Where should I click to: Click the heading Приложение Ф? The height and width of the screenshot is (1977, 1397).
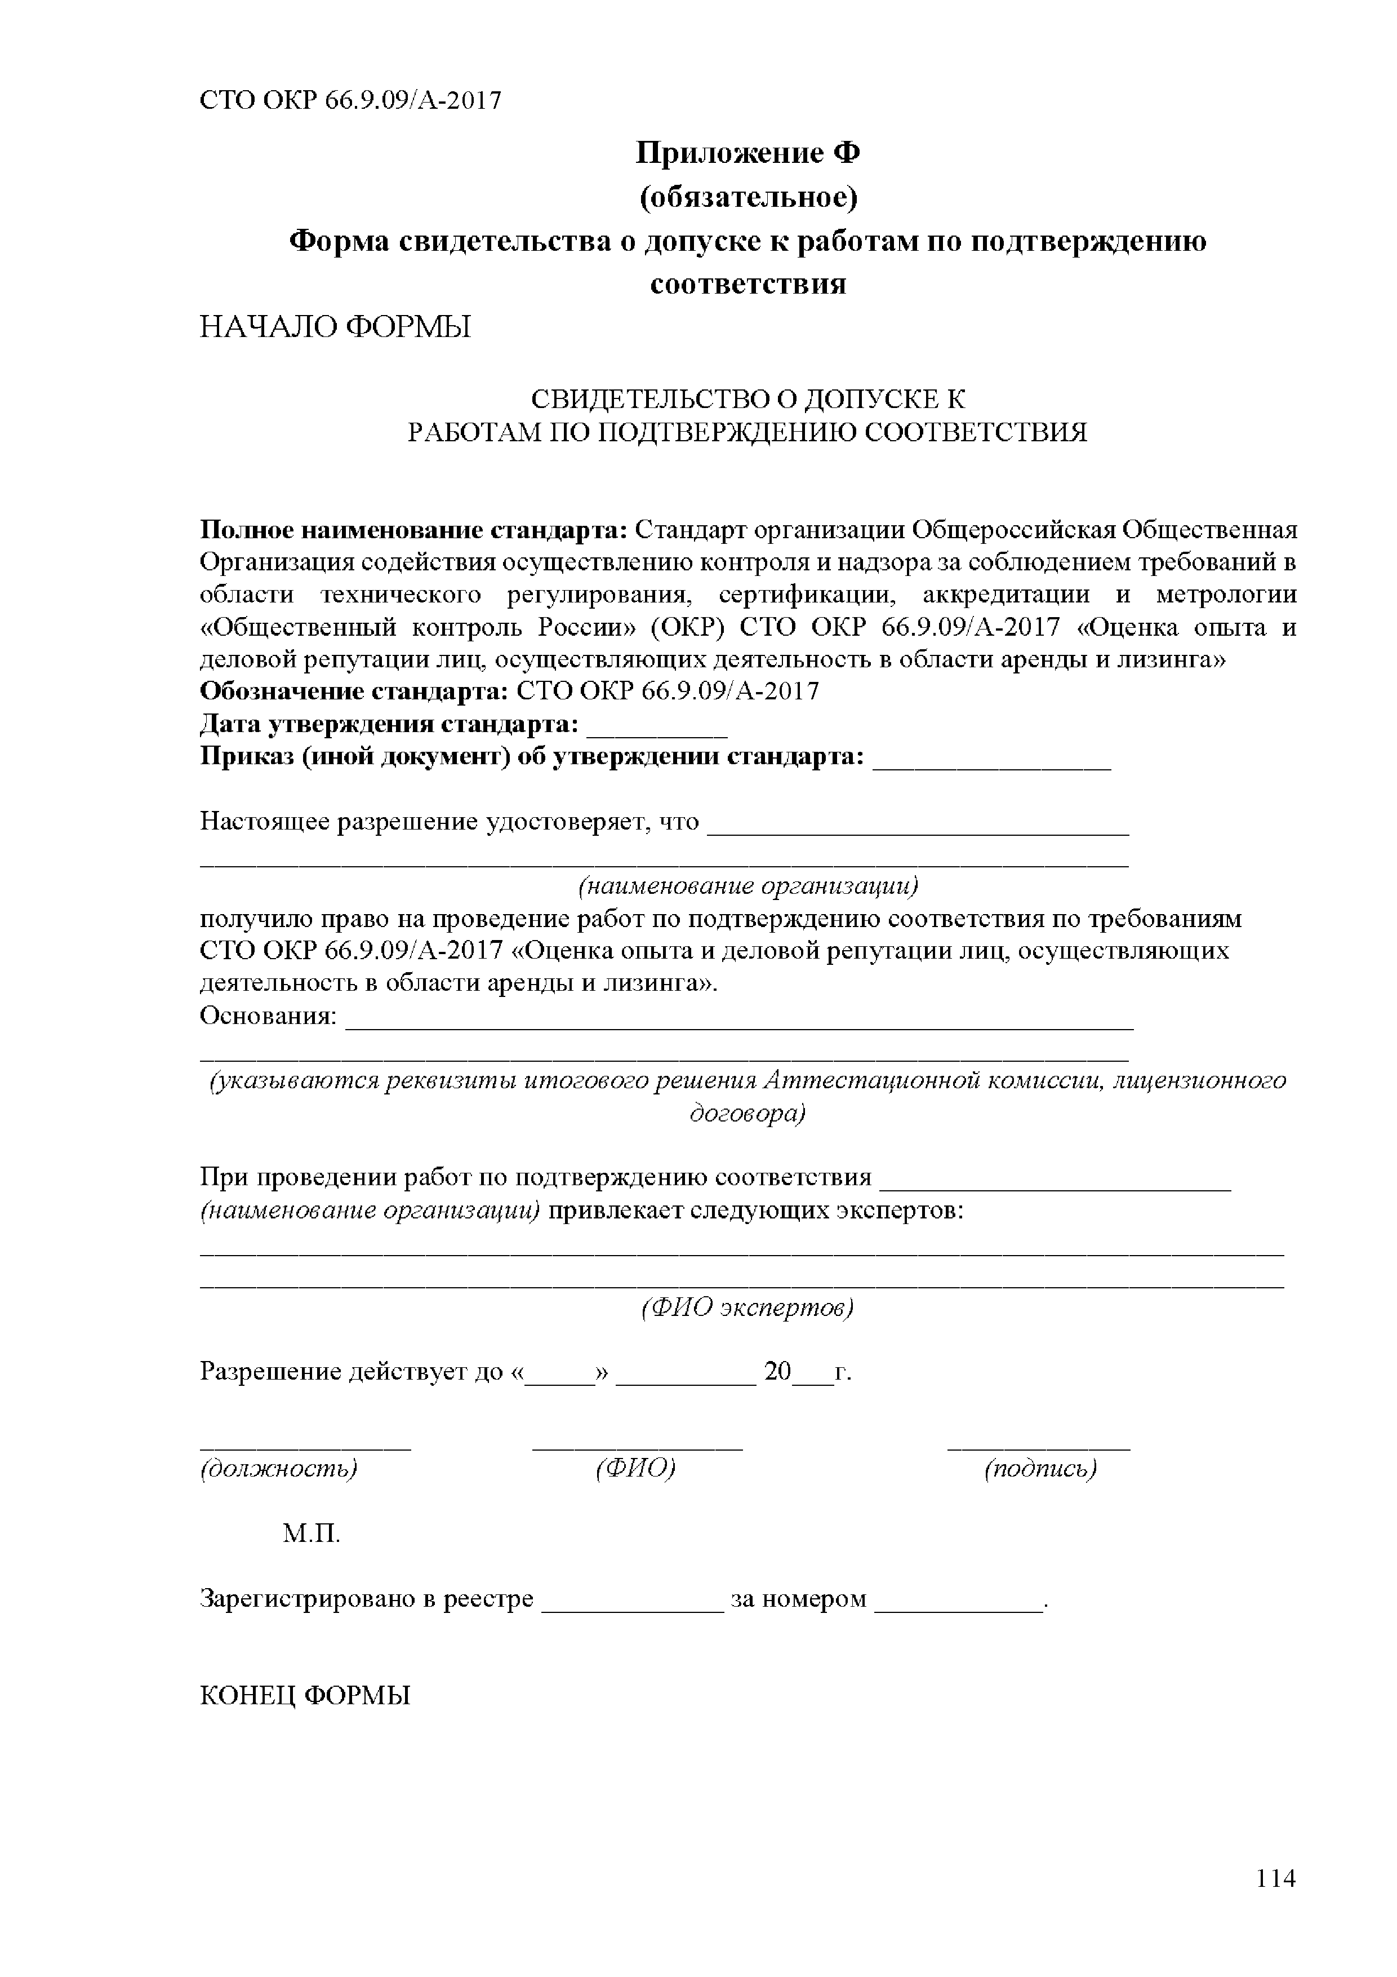pos(748,154)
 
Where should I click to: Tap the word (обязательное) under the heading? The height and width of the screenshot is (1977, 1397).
pos(748,198)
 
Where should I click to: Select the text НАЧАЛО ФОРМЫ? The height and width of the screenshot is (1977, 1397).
pos(336,328)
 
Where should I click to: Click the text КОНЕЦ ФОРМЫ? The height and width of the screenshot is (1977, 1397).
pos(305,1695)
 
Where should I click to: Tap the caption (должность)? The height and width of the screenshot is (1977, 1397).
pos(278,1468)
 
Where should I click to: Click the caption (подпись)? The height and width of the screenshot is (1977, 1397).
pos(1040,1468)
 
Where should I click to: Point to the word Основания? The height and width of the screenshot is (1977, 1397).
pos(268,1017)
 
